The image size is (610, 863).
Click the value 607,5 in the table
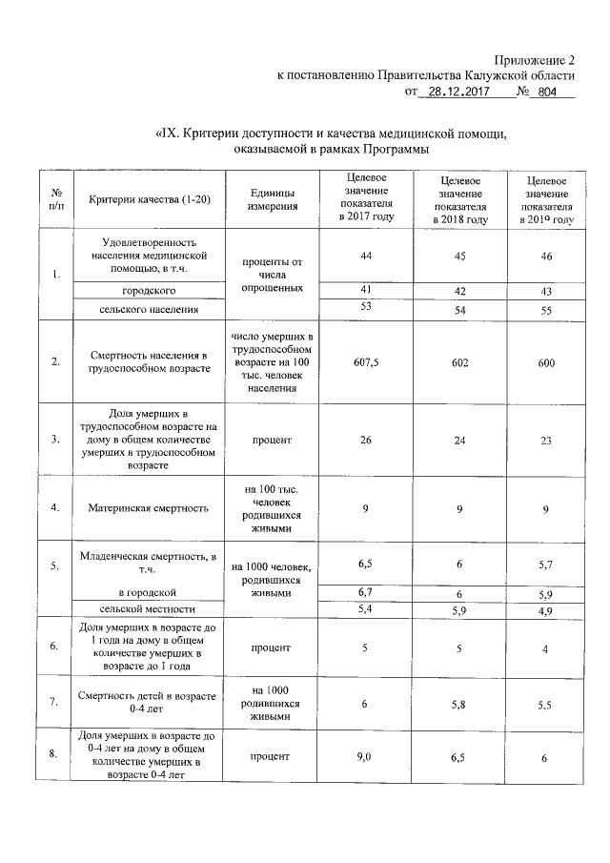365,361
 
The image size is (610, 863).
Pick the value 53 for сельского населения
365,306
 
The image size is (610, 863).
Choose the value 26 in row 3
365,440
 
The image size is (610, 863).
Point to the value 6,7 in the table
365,592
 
